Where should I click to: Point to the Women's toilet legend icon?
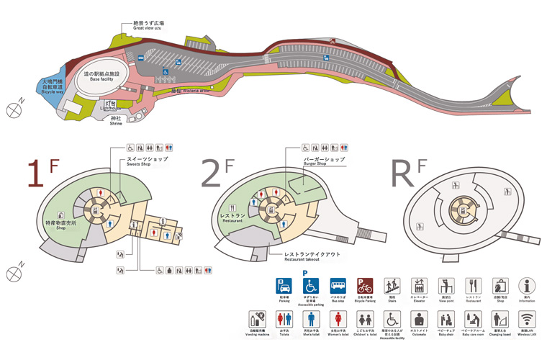point(336,318)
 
